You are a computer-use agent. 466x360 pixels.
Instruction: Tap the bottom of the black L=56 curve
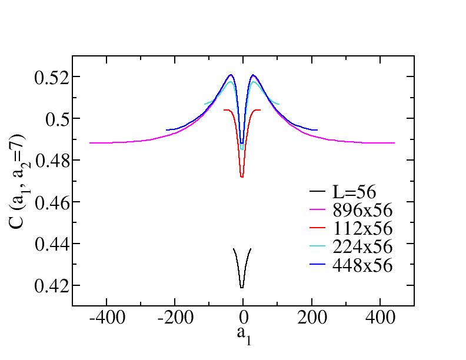(242, 288)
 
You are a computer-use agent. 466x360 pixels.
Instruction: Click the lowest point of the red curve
(242, 177)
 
